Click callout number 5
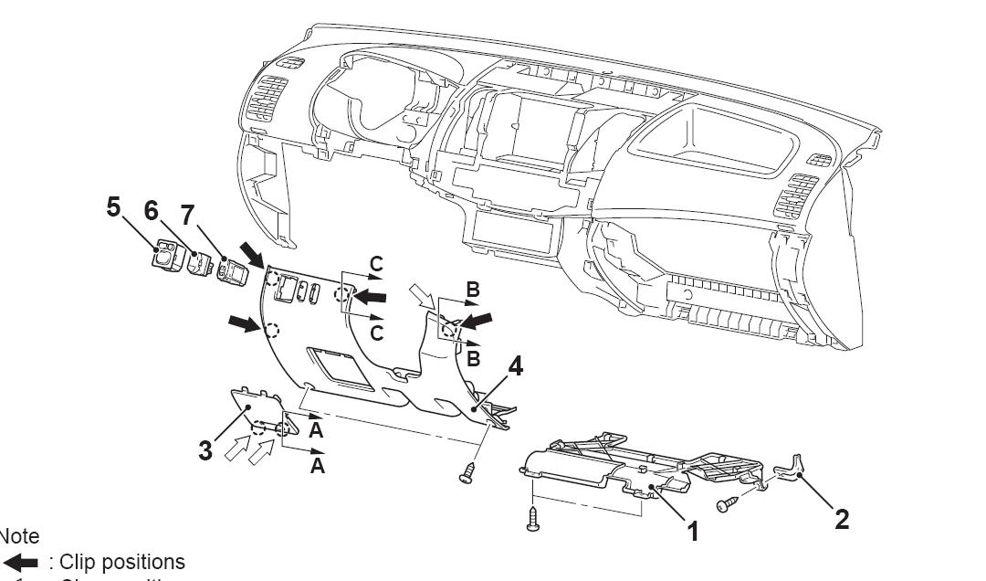click(x=113, y=207)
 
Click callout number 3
click(x=208, y=450)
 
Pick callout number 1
click(x=692, y=531)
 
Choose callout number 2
click(x=842, y=518)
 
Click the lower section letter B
click(x=472, y=359)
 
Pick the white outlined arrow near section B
click(x=423, y=297)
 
